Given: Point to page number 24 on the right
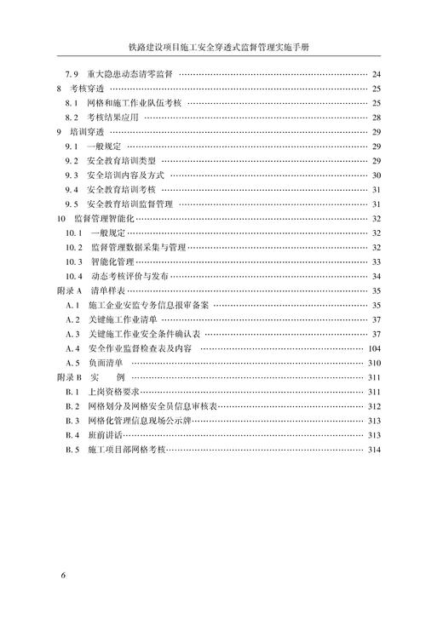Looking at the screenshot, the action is point(376,75).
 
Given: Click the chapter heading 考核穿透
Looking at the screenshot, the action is point(87,89).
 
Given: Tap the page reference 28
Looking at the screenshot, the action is point(376,118).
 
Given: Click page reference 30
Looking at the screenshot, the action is point(376,175).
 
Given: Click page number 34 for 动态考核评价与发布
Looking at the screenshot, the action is point(376,276).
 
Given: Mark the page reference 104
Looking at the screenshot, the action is point(373,348).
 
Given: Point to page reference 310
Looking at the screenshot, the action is point(373,363).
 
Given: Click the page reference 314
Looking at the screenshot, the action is point(373,449).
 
